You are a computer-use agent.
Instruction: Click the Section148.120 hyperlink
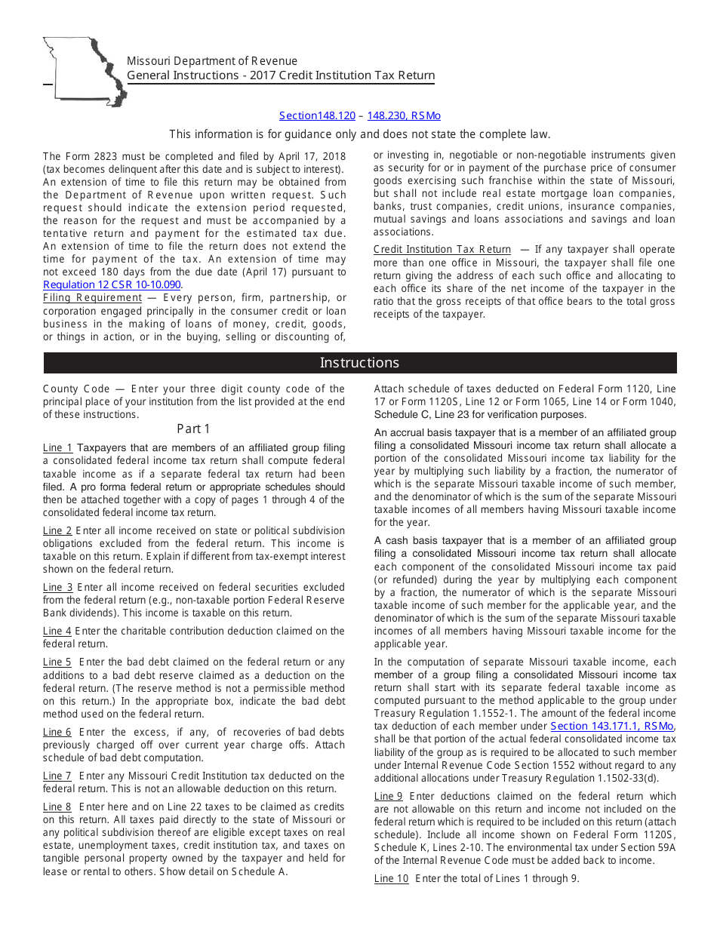317,115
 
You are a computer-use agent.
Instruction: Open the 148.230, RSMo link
404,115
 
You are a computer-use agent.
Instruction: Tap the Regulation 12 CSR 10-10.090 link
112,284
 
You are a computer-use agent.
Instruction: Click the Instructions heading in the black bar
359,363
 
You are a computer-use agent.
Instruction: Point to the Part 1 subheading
194,429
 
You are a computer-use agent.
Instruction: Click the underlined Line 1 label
57,448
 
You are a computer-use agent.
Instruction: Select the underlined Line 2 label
57,531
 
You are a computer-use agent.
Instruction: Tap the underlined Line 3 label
57,587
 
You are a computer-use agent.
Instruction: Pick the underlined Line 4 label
57,631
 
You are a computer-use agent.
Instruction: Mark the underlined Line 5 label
57,662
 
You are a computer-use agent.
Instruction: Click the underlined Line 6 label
57,732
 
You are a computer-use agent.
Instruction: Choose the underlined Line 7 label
57,776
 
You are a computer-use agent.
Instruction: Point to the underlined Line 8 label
57,807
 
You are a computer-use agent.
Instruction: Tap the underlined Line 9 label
389,796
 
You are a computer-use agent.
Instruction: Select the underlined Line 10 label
391,878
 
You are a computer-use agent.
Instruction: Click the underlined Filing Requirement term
92,297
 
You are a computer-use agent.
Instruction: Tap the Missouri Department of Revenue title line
212,61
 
